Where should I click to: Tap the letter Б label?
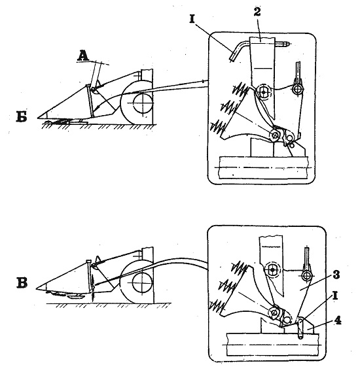coord(22,116)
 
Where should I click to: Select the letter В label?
coord(22,283)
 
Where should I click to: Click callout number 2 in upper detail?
coord(257,11)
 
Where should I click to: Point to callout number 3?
coord(336,275)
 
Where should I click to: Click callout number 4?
coord(337,320)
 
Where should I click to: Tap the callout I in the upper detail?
coord(192,19)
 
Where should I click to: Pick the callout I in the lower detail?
coord(336,296)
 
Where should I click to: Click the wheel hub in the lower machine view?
coord(143,283)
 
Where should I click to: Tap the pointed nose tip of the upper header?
coord(38,118)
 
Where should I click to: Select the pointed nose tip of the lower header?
coord(37,289)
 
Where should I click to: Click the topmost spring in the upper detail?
coord(240,90)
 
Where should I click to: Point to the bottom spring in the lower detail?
coord(218,306)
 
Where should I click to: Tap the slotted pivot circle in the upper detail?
coord(264,92)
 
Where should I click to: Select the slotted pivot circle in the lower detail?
coord(272,270)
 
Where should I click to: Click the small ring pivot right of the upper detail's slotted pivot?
coord(298,89)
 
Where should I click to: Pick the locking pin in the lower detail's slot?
coord(300,328)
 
